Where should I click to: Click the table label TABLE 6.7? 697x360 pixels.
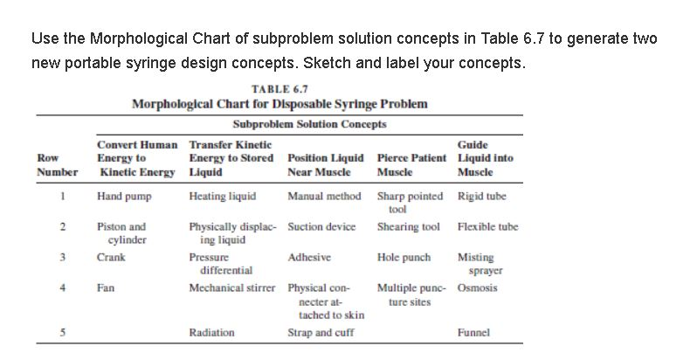click(279, 89)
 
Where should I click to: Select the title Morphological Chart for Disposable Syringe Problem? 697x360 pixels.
click(279, 105)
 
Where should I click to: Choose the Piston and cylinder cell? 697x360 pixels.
click(121, 232)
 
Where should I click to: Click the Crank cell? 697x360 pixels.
click(111, 258)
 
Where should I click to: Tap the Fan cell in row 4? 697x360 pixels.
click(105, 287)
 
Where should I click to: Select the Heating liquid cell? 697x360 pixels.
click(223, 197)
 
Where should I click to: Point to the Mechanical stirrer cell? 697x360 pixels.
click(232, 287)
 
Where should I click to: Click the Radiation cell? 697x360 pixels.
click(211, 333)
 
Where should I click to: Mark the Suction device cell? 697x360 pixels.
click(321, 226)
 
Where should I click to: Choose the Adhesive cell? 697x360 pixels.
click(309, 258)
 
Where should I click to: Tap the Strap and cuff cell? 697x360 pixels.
click(321, 333)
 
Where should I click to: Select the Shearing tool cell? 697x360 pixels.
click(409, 226)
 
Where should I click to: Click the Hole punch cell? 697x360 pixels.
click(404, 258)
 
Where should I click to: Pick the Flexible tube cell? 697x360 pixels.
click(487, 226)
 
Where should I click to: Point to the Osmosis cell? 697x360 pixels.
click(478, 287)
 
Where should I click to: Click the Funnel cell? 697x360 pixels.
click(474, 333)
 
